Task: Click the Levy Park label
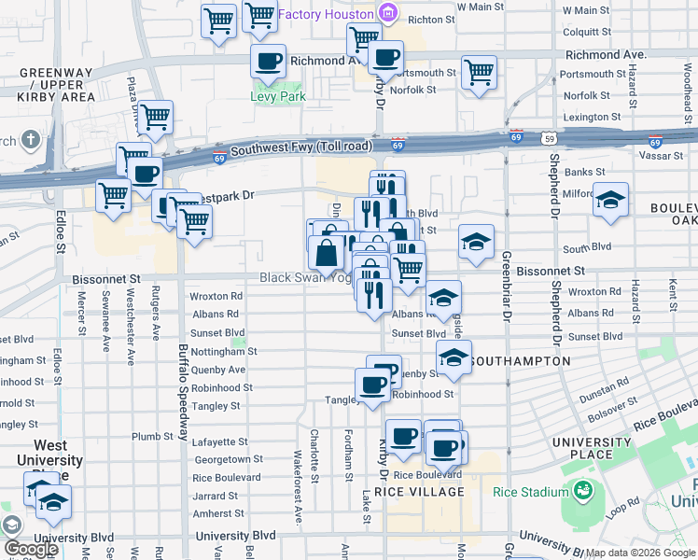pyautogui.click(x=278, y=96)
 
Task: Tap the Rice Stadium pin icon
pyautogui.click(x=583, y=491)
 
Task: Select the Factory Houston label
pyautogui.click(x=325, y=14)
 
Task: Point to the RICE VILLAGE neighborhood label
pyautogui.click(x=419, y=492)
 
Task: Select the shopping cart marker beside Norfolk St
pyautogui.click(x=479, y=72)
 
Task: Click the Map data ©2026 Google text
pyautogui.click(x=639, y=553)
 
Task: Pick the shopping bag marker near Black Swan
pyautogui.click(x=328, y=253)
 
